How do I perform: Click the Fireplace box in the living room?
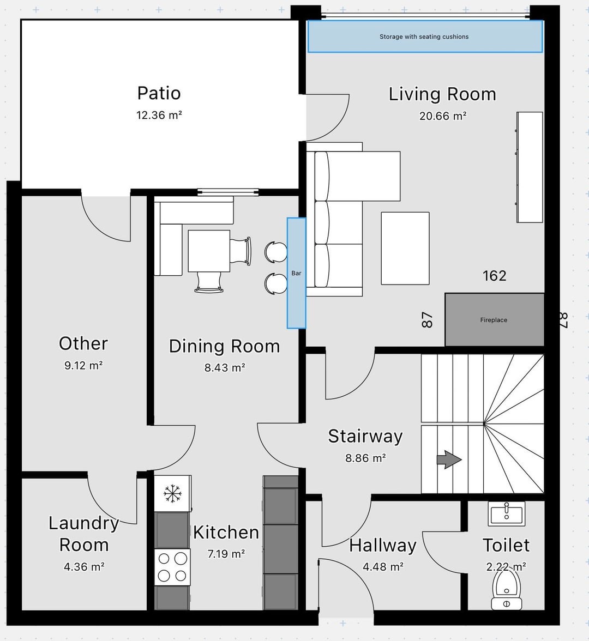point(494,319)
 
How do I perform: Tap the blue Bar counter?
point(297,273)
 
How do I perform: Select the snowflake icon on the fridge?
point(172,493)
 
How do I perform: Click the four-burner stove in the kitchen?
point(172,567)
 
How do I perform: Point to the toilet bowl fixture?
point(506,589)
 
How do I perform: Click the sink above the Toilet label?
point(506,514)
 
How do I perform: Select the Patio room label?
point(159,93)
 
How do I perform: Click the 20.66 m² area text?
point(443,116)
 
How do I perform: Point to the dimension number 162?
point(495,276)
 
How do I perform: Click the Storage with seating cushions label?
point(424,37)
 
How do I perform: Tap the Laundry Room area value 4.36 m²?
point(84,567)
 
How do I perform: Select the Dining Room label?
point(225,346)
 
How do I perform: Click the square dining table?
point(209,251)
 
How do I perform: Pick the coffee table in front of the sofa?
point(405,248)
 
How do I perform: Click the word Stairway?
point(365,437)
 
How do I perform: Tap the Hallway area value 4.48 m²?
point(383,567)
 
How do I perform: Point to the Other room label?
point(83,343)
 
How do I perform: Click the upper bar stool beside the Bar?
point(276,252)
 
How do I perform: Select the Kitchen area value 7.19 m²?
point(226,554)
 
